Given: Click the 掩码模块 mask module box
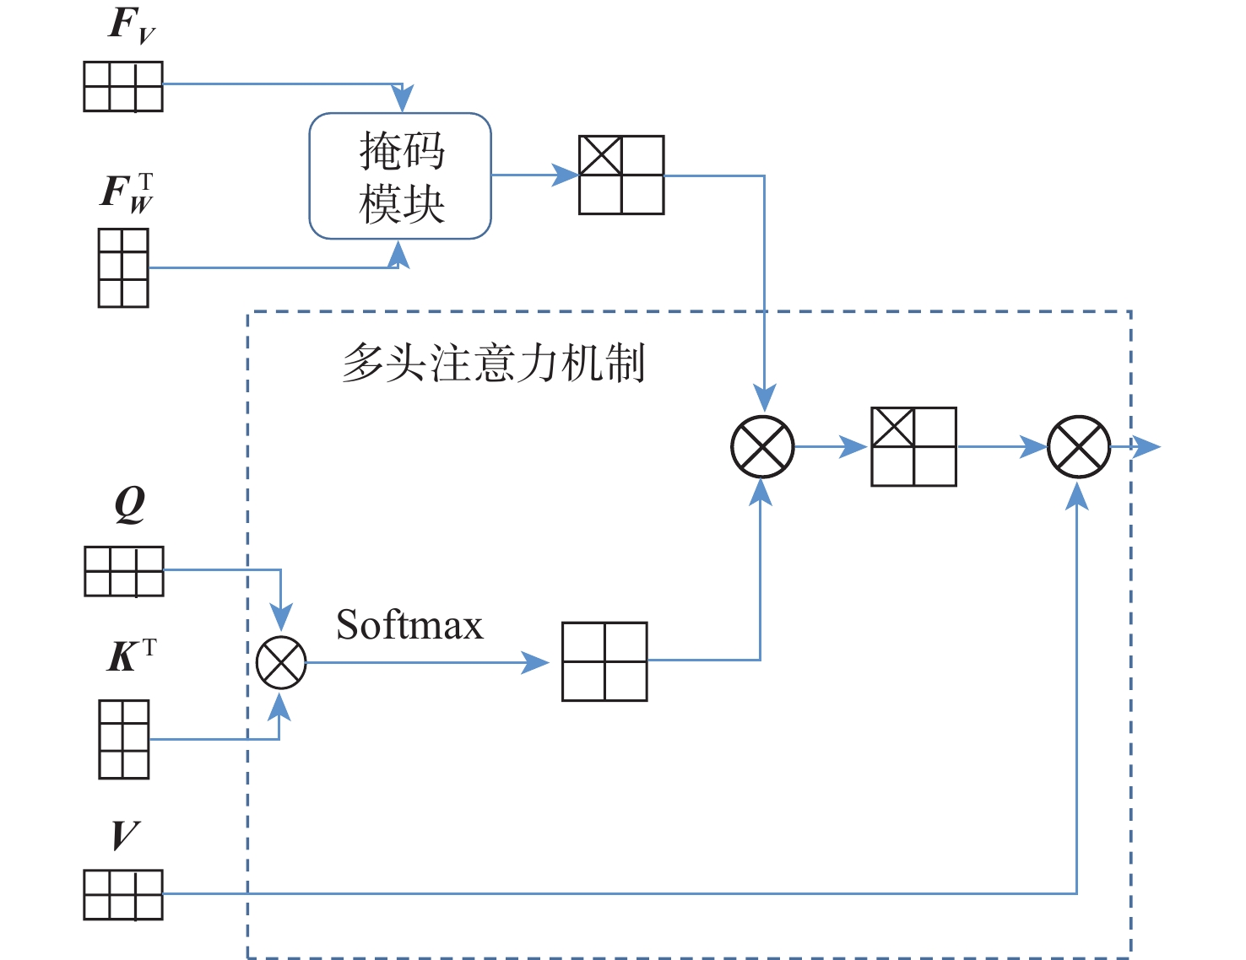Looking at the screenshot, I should (x=400, y=176).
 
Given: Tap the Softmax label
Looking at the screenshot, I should (x=409, y=626).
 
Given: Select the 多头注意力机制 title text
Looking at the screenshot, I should (x=494, y=364).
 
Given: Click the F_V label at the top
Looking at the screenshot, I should (x=131, y=25).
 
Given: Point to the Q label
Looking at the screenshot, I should (x=130, y=504).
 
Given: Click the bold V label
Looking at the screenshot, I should (x=125, y=836).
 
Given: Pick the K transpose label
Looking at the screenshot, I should (x=131, y=655).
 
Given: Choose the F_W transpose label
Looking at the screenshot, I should (x=127, y=192).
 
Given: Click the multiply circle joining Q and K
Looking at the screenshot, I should (x=281, y=662).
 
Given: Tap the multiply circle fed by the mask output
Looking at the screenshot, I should (x=762, y=446).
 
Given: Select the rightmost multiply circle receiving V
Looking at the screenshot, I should (x=1078, y=446).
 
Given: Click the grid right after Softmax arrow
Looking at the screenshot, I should (x=604, y=661).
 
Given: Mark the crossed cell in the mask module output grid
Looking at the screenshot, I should (x=601, y=156).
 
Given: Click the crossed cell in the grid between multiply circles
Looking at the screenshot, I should (x=893, y=428).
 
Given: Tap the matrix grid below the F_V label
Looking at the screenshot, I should (x=123, y=86).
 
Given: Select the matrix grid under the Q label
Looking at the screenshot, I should (x=124, y=571).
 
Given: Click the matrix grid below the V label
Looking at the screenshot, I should (x=123, y=894).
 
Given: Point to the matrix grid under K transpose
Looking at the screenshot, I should (x=124, y=739).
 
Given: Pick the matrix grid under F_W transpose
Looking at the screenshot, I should (x=123, y=267).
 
